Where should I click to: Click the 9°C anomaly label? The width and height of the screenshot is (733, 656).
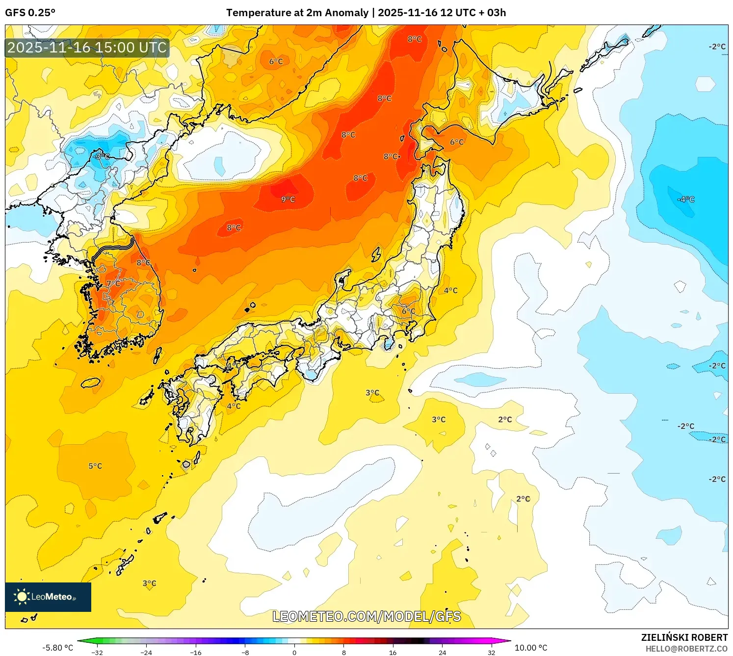pyautogui.click(x=288, y=199)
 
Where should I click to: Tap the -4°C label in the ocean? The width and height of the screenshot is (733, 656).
pyautogui.click(x=686, y=199)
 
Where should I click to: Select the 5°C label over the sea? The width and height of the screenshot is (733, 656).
pyautogui.click(x=95, y=466)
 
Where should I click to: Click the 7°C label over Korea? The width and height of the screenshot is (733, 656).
pyautogui.click(x=113, y=283)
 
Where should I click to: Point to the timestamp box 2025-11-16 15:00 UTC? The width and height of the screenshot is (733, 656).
pyautogui.click(x=87, y=48)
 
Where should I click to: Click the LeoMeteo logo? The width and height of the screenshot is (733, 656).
pyautogui.click(x=48, y=597)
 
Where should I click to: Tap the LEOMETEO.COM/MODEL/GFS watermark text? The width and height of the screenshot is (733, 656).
pyautogui.click(x=366, y=616)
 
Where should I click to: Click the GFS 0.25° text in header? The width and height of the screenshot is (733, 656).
pyautogui.click(x=30, y=13)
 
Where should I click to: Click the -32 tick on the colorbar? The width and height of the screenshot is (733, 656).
pyautogui.click(x=97, y=653)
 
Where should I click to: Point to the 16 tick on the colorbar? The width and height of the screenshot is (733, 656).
pyautogui.click(x=393, y=653)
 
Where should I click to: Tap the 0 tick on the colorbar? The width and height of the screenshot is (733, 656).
pyautogui.click(x=294, y=653)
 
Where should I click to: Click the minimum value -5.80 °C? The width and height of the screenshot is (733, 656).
pyautogui.click(x=57, y=648)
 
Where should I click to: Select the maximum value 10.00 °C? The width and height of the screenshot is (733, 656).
pyautogui.click(x=531, y=648)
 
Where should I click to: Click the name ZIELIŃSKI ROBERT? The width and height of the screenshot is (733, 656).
pyautogui.click(x=684, y=637)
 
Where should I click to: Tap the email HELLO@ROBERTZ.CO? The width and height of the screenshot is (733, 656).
pyautogui.click(x=686, y=649)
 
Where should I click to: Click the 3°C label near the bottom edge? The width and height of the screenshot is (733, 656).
pyautogui.click(x=149, y=583)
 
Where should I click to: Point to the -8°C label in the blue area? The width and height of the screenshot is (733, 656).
pyautogui.click(x=102, y=156)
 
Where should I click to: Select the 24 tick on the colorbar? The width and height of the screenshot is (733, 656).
pyautogui.click(x=442, y=653)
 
